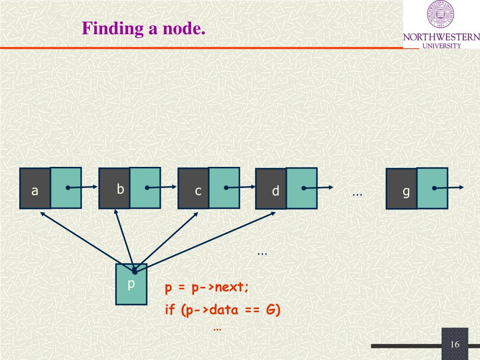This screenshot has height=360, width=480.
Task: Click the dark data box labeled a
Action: [x=35, y=188]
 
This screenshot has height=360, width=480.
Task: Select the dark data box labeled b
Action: [x=114, y=188]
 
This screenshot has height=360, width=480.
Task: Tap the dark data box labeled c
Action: [x=193, y=189]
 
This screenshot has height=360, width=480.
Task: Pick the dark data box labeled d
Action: [x=271, y=189]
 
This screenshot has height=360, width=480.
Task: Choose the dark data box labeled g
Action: [x=401, y=189]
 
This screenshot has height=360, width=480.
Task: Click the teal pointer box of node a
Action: [x=66, y=187]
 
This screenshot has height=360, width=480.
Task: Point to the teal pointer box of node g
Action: [x=432, y=188]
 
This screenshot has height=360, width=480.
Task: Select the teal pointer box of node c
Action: [x=224, y=187]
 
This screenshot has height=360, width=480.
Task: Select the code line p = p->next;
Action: [x=207, y=288]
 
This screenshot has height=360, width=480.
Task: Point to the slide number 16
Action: [x=455, y=345]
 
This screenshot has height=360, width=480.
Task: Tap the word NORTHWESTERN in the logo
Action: [x=441, y=37]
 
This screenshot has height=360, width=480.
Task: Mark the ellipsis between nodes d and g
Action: [x=357, y=193]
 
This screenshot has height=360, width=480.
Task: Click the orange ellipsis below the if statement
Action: [x=217, y=329]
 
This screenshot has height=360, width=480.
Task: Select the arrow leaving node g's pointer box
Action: [x=450, y=187]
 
